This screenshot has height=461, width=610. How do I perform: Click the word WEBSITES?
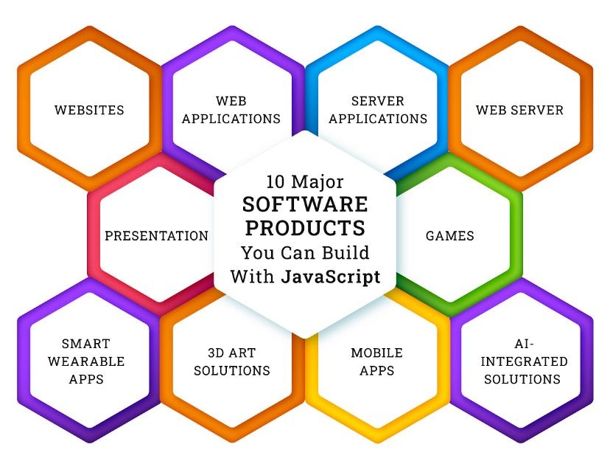[x=89, y=111]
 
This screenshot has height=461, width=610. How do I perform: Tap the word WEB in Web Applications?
[x=231, y=101]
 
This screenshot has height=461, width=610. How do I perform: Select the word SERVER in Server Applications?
[x=377, y=101]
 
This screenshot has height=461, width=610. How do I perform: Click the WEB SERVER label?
[x=519, y=111]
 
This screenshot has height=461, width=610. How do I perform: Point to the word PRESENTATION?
[x=156, y=237]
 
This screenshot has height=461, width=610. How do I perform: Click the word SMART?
[x=85, y=344]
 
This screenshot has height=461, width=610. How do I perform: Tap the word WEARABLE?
[x=85, y=361]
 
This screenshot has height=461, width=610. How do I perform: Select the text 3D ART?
[x=231, y=353]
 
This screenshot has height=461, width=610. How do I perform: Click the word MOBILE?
[x=376, y=353]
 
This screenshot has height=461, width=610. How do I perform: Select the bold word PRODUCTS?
[x=305, y=226]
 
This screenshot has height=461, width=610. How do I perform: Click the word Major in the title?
[x=318, y=181]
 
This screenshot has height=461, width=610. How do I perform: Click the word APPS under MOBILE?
[x=376, y=370]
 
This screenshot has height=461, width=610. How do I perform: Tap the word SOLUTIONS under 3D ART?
[x=231, y=370]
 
